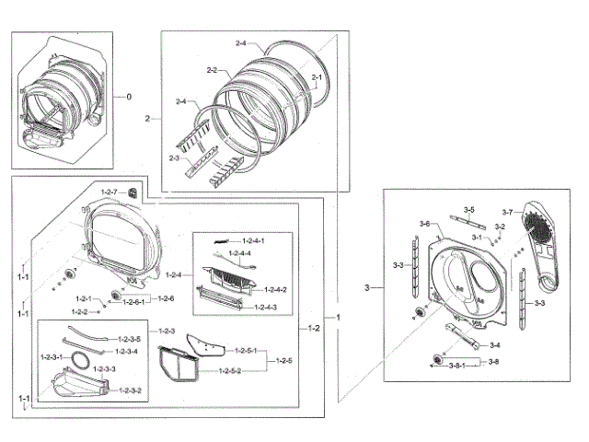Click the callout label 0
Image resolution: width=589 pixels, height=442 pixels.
(x=129, y=97)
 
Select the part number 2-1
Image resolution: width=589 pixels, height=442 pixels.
(x=317, y=76)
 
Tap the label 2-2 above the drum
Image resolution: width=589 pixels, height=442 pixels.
(x=211, y=70)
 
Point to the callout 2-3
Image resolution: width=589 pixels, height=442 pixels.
(x=175, y=158)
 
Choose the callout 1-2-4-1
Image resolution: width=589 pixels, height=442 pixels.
(x=248, y=241)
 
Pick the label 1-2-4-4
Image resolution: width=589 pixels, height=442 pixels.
(x=241, y=253)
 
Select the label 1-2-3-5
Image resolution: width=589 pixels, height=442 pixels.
(x=127, y=339)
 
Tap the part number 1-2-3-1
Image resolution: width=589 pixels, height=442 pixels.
(x=52, y=356)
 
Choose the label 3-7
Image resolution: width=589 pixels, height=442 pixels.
(x=507, y=213)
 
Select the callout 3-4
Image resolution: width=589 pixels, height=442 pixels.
(x=495, y=345)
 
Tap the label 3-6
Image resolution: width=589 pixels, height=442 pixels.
(x=424, y=225)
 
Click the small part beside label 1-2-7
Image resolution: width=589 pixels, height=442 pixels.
(x=134, y=192)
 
